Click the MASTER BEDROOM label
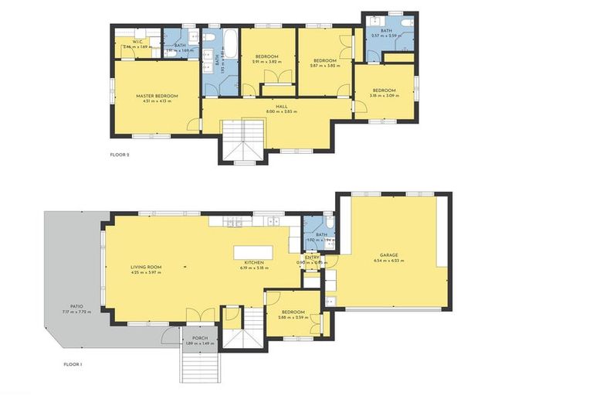point(157,96)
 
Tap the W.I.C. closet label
point(140,42)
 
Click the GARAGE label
point(393,254)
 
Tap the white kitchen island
point(254,253)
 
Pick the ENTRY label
point(312,258)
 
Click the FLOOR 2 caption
point(120,155)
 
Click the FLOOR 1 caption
point(73,364)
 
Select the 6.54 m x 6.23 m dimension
point(393,261)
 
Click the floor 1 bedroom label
point(293,312)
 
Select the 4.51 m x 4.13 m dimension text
point(157,101)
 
